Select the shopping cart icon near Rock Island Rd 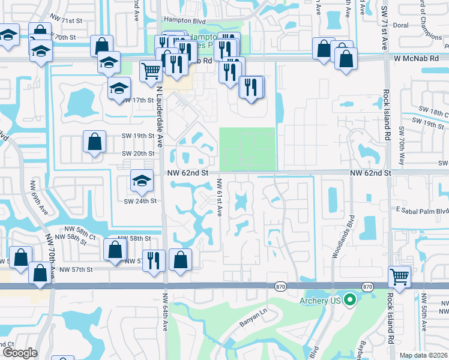[399, 277]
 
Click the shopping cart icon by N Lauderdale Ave [151, 71]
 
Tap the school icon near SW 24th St [141, 179]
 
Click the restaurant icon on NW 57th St [154, 260]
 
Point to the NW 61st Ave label [220, 199]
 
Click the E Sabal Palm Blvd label [423, 211]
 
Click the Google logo [20, 353]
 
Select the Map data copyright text [424, 355]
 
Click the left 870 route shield [280, 287]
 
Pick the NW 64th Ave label [165, 312]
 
